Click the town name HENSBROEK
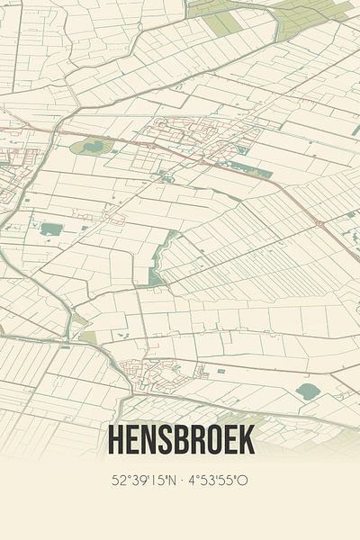click(x=180, y=439)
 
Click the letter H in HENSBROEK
click(x=114, y=439)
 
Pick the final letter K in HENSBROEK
click(x=247, y=439)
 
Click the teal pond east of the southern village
click(x=309, y=391)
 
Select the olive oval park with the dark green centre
click(x=92, y=146)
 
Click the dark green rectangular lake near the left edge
click(x=51, y=229)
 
